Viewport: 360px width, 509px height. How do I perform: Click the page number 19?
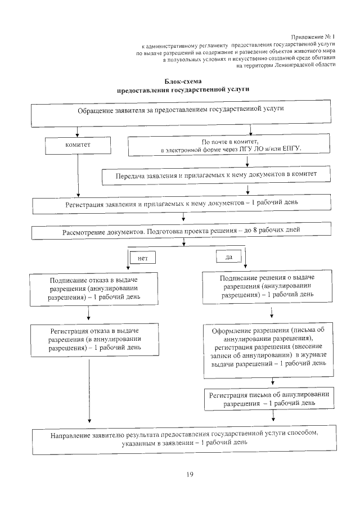(190, 475)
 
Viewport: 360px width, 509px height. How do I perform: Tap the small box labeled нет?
(142, 257)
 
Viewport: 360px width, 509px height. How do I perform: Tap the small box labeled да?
(229, 256)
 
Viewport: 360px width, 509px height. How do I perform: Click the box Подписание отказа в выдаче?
(94, 289)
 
